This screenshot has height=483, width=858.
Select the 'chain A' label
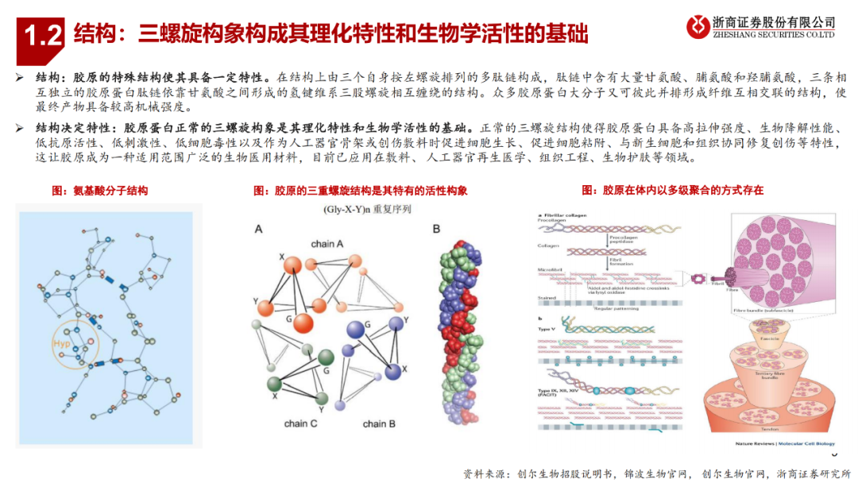point(327,243)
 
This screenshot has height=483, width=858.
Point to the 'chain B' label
point(379,423)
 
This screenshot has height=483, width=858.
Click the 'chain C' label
point(300,423)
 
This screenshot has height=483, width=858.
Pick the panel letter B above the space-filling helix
point(436,230)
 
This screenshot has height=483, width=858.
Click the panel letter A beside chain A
point(258,230)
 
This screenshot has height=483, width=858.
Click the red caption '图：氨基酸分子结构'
point(99,191)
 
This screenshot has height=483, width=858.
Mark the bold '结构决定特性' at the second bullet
point(71,127)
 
